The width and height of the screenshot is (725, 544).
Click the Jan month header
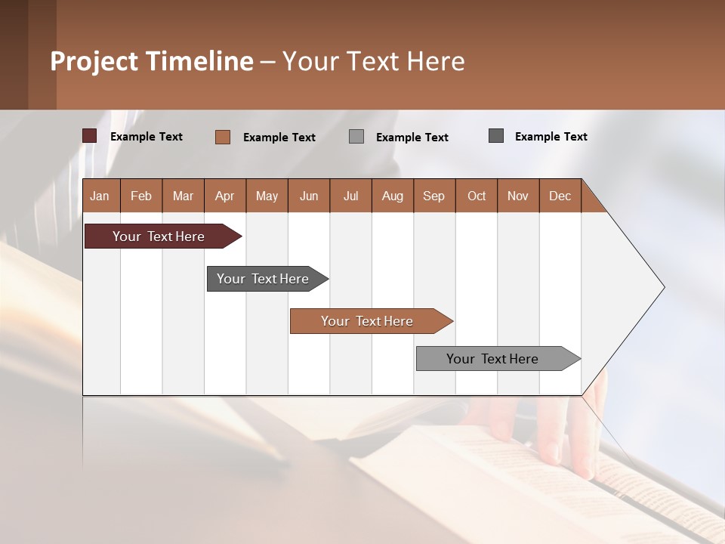[100, 196]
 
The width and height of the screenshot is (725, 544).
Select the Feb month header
[141, 196]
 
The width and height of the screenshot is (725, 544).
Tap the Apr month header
[224, 196]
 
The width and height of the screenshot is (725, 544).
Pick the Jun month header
[309, 196]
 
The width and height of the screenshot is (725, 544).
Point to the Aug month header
[392, 196]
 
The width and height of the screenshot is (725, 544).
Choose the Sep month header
[433, 196]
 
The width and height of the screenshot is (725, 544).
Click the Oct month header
[477, 196]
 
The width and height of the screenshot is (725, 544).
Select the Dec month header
[560, 196]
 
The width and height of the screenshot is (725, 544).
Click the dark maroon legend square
[90, 136]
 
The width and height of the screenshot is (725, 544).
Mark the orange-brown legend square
[222, 137]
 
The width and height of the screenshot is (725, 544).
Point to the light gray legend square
[356, 137]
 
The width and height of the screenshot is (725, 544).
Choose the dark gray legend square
[496, 136]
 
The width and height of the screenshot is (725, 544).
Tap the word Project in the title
[94, 61]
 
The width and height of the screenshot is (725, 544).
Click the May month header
[267, 196]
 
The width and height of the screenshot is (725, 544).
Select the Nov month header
[518, 196]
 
